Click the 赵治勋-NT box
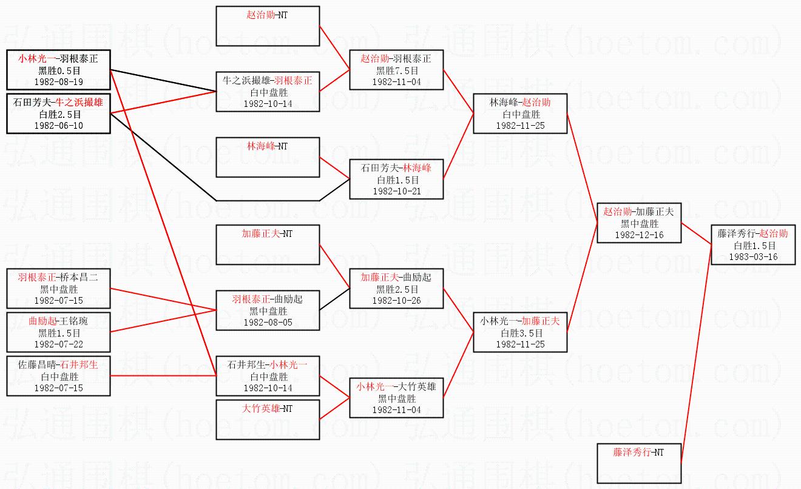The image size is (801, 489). coord(268,26)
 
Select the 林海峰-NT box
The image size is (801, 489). coord(268,157)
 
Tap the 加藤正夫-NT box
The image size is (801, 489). coord(268,245)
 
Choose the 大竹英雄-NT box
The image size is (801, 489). coord(268,419)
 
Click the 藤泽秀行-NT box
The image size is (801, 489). coord(638,463)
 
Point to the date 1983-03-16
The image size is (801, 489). coord(754,257)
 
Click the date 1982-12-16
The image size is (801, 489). coord(638,234)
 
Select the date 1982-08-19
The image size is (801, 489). coord(58,81)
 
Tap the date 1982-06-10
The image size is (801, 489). coord(58,125)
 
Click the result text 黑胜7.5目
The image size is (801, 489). coord(396,70)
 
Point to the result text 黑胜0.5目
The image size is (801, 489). coord(58,70)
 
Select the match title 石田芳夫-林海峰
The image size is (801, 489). coord(396,168)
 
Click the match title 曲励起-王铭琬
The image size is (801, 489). coord(58,321)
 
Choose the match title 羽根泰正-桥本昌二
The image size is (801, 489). coord(58,278)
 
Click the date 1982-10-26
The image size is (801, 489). coord(396,300)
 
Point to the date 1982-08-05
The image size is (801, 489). coord(268,322)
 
